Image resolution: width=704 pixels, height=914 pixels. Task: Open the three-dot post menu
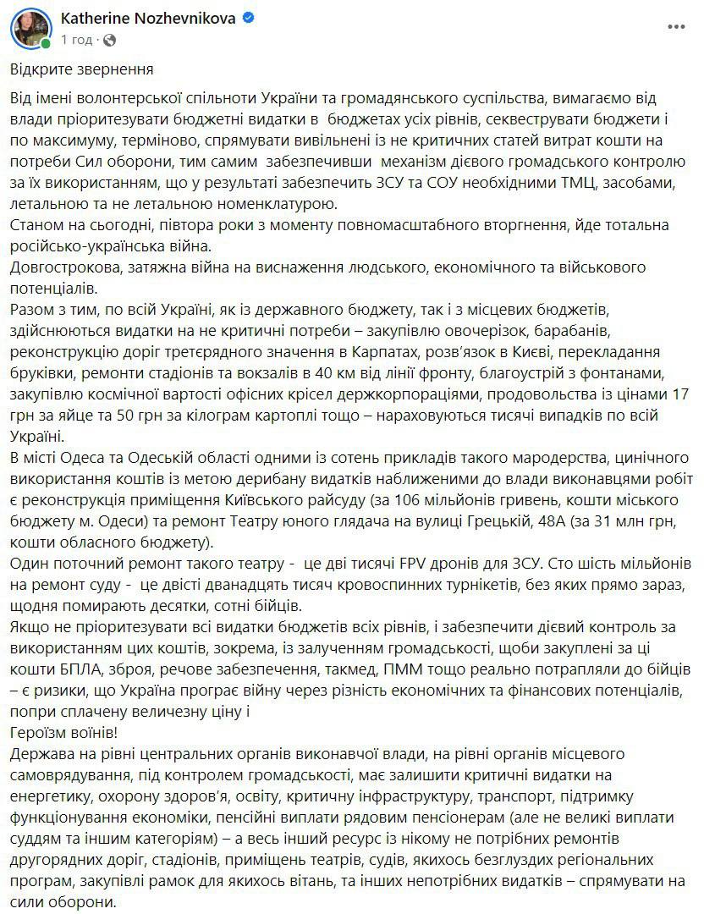[674, 26]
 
